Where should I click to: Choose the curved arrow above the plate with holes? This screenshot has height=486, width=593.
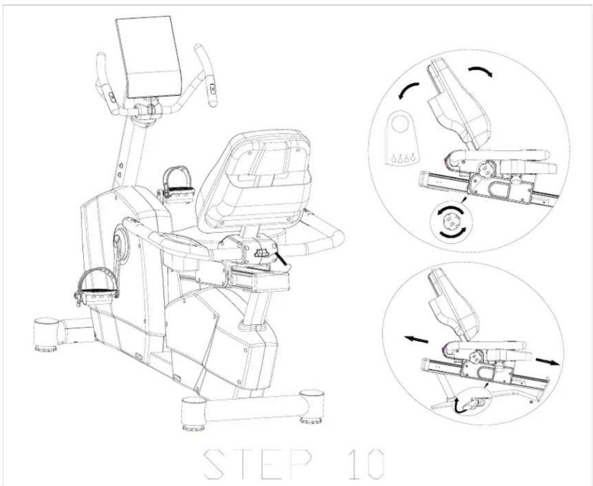410,91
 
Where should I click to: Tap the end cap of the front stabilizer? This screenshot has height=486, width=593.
46,331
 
